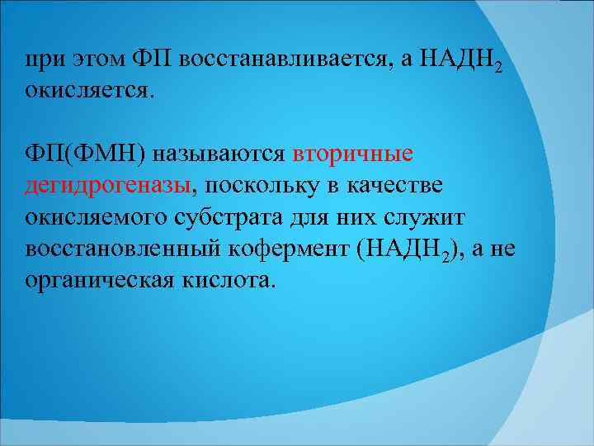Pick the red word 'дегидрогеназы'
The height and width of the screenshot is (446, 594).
(x=108, y=186)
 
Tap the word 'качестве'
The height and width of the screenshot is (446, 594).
(x=394, y=186)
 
